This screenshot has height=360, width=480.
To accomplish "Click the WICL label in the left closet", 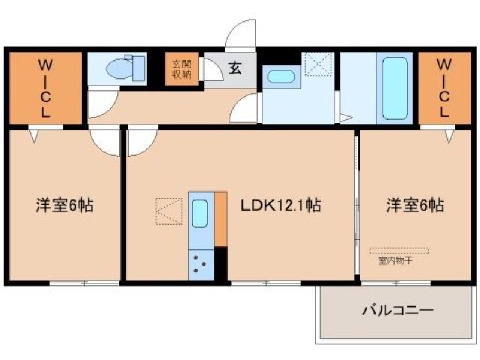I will tap(44, 87).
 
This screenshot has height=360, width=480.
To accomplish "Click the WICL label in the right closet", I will tap(444, 87).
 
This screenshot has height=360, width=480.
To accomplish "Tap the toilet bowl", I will tap(121, 69).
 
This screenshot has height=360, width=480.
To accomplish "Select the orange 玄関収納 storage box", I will tap(182, 68).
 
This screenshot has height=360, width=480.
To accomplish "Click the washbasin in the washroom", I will tap(280, 76).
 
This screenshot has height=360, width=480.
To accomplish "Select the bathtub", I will tap(395, 88).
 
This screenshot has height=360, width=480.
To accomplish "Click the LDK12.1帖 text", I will tap(280, 205).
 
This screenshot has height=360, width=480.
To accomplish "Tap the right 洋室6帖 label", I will tap(415, 205).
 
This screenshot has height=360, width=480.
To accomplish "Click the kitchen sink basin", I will tap(200, 214).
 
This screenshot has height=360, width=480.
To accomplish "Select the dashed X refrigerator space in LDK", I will tap(169, 211).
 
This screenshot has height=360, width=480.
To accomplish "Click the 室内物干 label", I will tap(394, 261).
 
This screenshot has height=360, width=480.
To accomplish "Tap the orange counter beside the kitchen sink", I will tap(220, 219).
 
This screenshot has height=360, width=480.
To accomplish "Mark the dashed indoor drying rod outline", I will tap(399, 250).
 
